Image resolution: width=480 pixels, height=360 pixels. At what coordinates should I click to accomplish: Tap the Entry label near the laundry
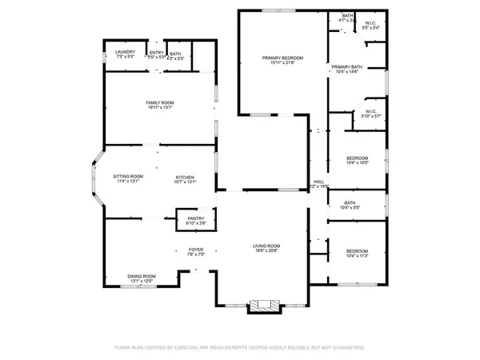156,53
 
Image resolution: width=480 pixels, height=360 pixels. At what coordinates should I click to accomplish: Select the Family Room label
160,102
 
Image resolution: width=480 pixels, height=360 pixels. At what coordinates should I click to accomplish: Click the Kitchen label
186,177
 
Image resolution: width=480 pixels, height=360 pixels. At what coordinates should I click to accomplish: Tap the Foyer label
196,250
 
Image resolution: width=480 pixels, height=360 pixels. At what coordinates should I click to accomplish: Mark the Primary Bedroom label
284,58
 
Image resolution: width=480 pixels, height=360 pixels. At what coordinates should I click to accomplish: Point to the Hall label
318,182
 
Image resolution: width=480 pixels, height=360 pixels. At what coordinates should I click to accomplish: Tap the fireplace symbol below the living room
262,306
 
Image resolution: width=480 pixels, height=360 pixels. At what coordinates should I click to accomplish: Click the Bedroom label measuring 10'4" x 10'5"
358,158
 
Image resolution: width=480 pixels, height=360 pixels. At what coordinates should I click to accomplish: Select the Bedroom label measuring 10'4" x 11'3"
358,250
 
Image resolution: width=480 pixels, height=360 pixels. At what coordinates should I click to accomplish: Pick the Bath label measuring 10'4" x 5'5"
350,203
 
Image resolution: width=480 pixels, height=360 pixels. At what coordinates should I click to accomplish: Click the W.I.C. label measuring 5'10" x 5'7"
370,112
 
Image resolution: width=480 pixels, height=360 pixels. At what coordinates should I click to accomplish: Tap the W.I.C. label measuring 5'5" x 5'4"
371,22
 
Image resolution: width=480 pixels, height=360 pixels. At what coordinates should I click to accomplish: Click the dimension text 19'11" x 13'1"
160,108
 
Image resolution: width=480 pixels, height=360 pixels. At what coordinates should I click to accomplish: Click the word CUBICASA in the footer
209,348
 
